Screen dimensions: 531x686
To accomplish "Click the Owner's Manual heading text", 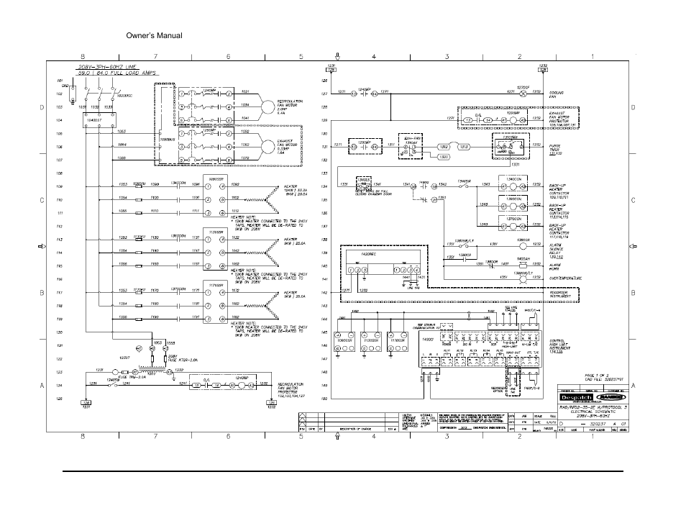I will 153,36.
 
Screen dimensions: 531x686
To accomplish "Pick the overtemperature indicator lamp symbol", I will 523,277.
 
